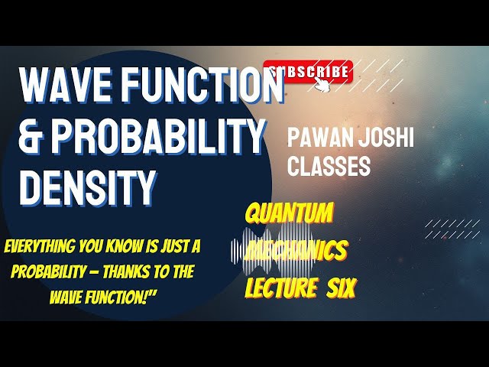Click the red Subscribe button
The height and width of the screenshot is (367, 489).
(x=308, y=71)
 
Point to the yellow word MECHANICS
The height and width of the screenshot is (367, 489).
(x=298, y=250)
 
